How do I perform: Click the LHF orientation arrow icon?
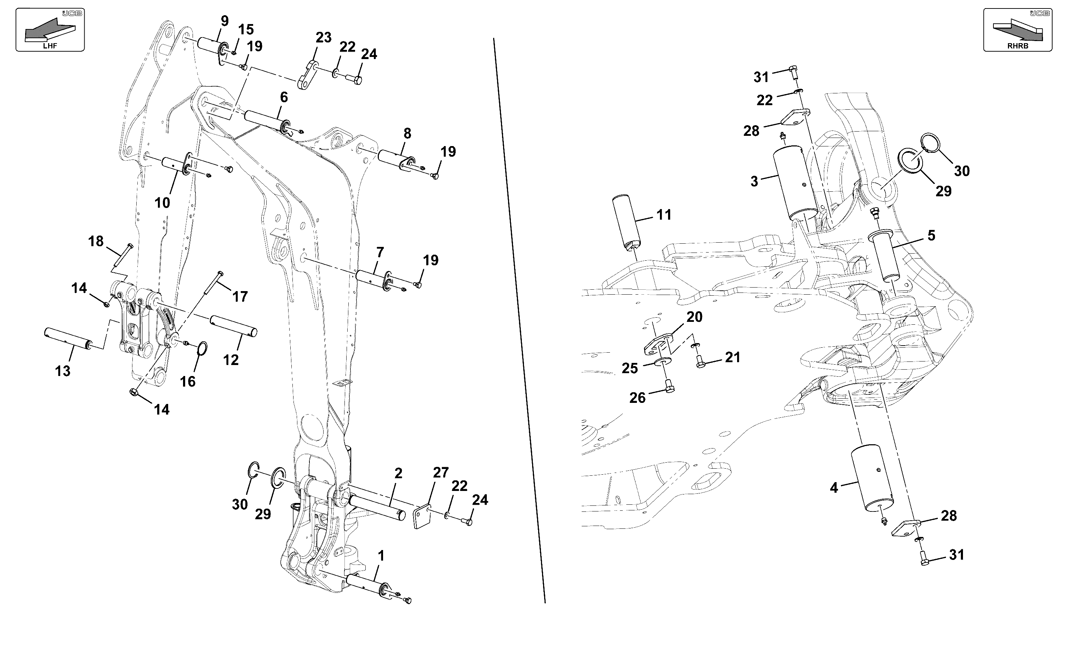click(x=50, y=30)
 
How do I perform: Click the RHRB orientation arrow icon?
click(x=1017, y=30)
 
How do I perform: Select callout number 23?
click(x=323, y=37)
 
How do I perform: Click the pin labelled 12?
click(x=234, y=325)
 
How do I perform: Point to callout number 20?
click(x=694, y=317)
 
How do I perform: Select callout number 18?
click(x=96, y=241)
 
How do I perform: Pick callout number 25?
click(x=630, y=369)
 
